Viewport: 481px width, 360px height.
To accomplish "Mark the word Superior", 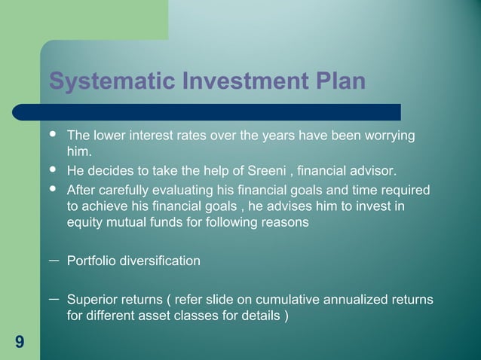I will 93,301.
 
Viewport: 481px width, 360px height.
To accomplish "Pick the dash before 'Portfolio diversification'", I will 54,258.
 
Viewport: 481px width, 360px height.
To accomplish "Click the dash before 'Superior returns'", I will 54,298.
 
